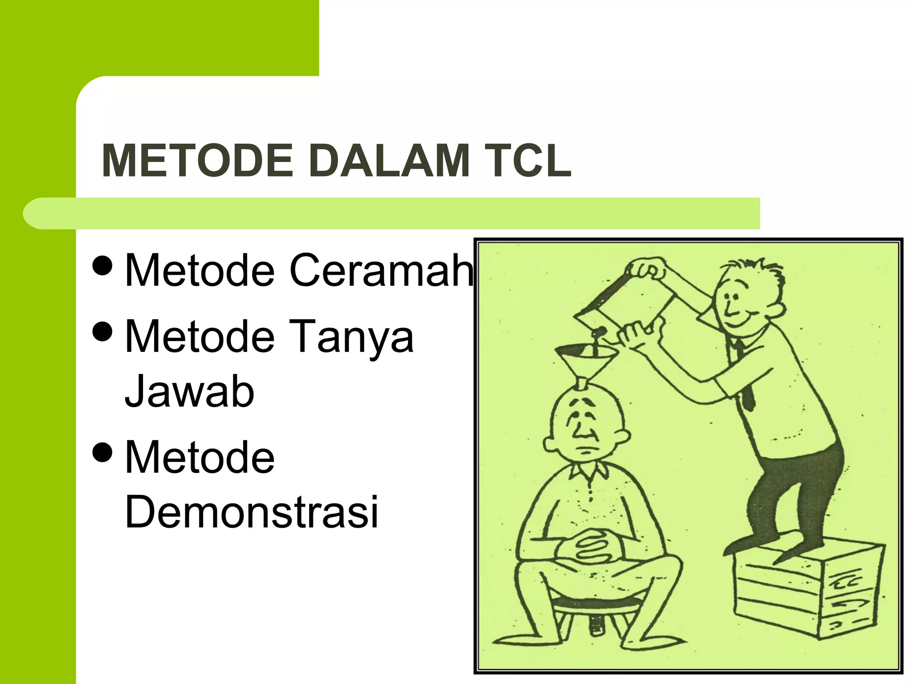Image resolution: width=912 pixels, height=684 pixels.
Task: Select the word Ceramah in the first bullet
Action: coord(381,270)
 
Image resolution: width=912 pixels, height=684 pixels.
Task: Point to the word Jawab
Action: coord(189,391)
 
